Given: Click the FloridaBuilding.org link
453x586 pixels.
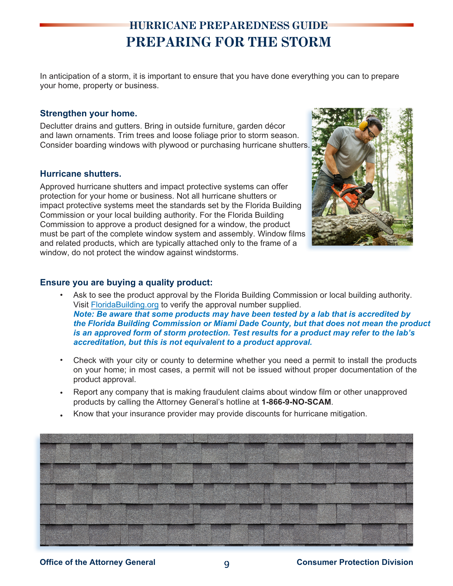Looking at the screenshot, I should [x=125, y=305].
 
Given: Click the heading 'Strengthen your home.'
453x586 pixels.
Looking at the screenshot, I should [x=89, y=113].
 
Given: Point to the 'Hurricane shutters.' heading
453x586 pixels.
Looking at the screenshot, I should [x=81, y=174].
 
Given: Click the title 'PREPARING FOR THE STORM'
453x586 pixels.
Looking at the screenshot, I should [x=228, y=42].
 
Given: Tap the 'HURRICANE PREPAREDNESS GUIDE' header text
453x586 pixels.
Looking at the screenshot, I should [x=228, y=26].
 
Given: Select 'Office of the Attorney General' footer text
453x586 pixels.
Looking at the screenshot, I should [x=97, y=562].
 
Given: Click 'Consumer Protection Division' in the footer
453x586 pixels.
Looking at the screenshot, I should [x=355, y=562].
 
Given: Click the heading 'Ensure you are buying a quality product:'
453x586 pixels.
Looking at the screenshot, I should [x=126, y=282].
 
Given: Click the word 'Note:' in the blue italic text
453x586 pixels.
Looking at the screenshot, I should [x=82, y=314].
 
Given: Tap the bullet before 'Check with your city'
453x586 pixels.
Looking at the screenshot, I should [x=61, y=360].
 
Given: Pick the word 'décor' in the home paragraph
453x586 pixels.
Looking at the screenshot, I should [x=275, y=126].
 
